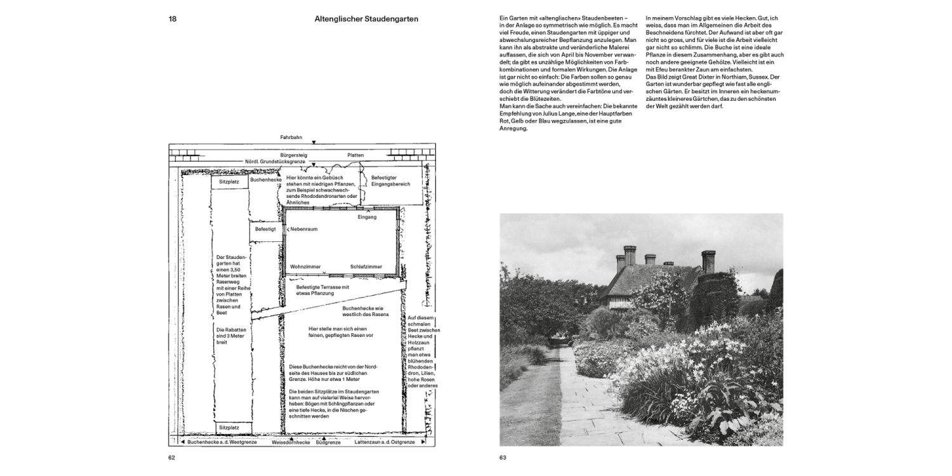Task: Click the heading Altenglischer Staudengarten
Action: (366, 19)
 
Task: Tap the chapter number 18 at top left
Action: (173, 19)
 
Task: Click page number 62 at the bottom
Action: (172, 457)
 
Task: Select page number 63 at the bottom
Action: (503, 457)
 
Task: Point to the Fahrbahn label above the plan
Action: (291, 137)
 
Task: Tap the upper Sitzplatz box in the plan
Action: (228, 182)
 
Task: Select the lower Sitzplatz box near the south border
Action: (228, 428)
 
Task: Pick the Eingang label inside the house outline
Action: (367, 217)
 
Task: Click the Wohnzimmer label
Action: (305, 267)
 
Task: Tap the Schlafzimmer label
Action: (366, 267)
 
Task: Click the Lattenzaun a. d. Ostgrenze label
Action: (385, 442)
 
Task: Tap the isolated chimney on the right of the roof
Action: (708, 260)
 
